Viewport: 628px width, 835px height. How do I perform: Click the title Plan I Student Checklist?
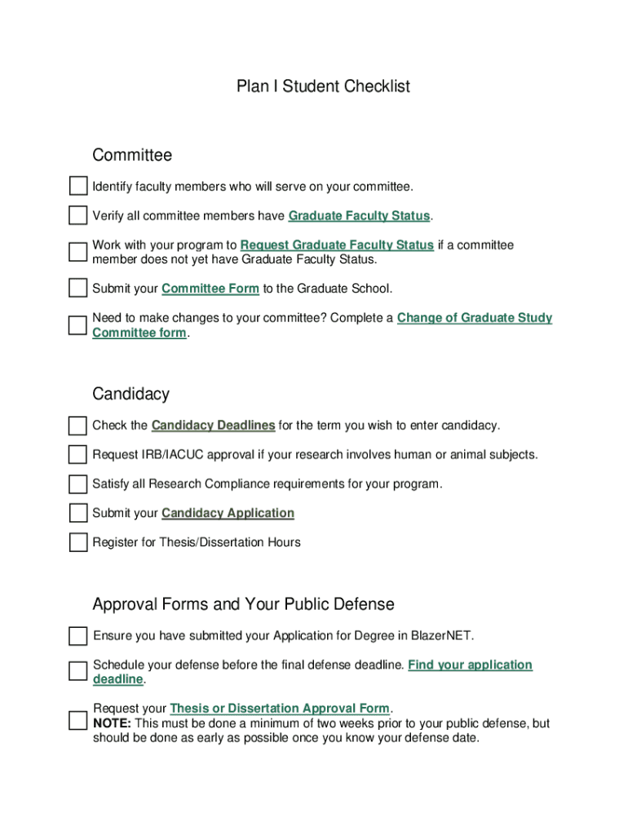point(323,86)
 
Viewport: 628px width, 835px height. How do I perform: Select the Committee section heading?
point(132,155)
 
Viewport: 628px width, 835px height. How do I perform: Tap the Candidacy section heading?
point(130,394)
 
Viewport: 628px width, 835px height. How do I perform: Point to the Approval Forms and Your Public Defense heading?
point(243,604)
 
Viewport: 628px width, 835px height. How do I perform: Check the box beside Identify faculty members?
point(77,187)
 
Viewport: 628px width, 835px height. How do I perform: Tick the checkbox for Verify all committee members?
point(77,216)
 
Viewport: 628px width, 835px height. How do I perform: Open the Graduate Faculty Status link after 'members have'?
point(359,216)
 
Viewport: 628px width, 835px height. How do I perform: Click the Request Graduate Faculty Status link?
point(337,245)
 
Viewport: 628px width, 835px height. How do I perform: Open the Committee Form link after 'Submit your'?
point(210,289)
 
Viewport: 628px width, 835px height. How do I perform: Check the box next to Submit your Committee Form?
point(77,289)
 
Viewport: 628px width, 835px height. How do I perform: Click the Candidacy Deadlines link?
point(213,426)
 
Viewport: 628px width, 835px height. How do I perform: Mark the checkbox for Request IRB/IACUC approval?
point(77,455)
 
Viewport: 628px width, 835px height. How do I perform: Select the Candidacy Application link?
point(228,513)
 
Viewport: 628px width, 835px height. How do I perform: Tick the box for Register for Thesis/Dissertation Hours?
point(77,542)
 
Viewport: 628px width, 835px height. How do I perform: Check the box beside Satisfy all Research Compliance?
point(77,484)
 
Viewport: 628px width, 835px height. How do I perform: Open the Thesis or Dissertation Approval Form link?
point(280,709)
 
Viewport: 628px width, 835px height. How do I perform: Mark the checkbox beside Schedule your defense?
point(77,671)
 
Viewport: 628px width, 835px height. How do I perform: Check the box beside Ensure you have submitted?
point(77,636)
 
